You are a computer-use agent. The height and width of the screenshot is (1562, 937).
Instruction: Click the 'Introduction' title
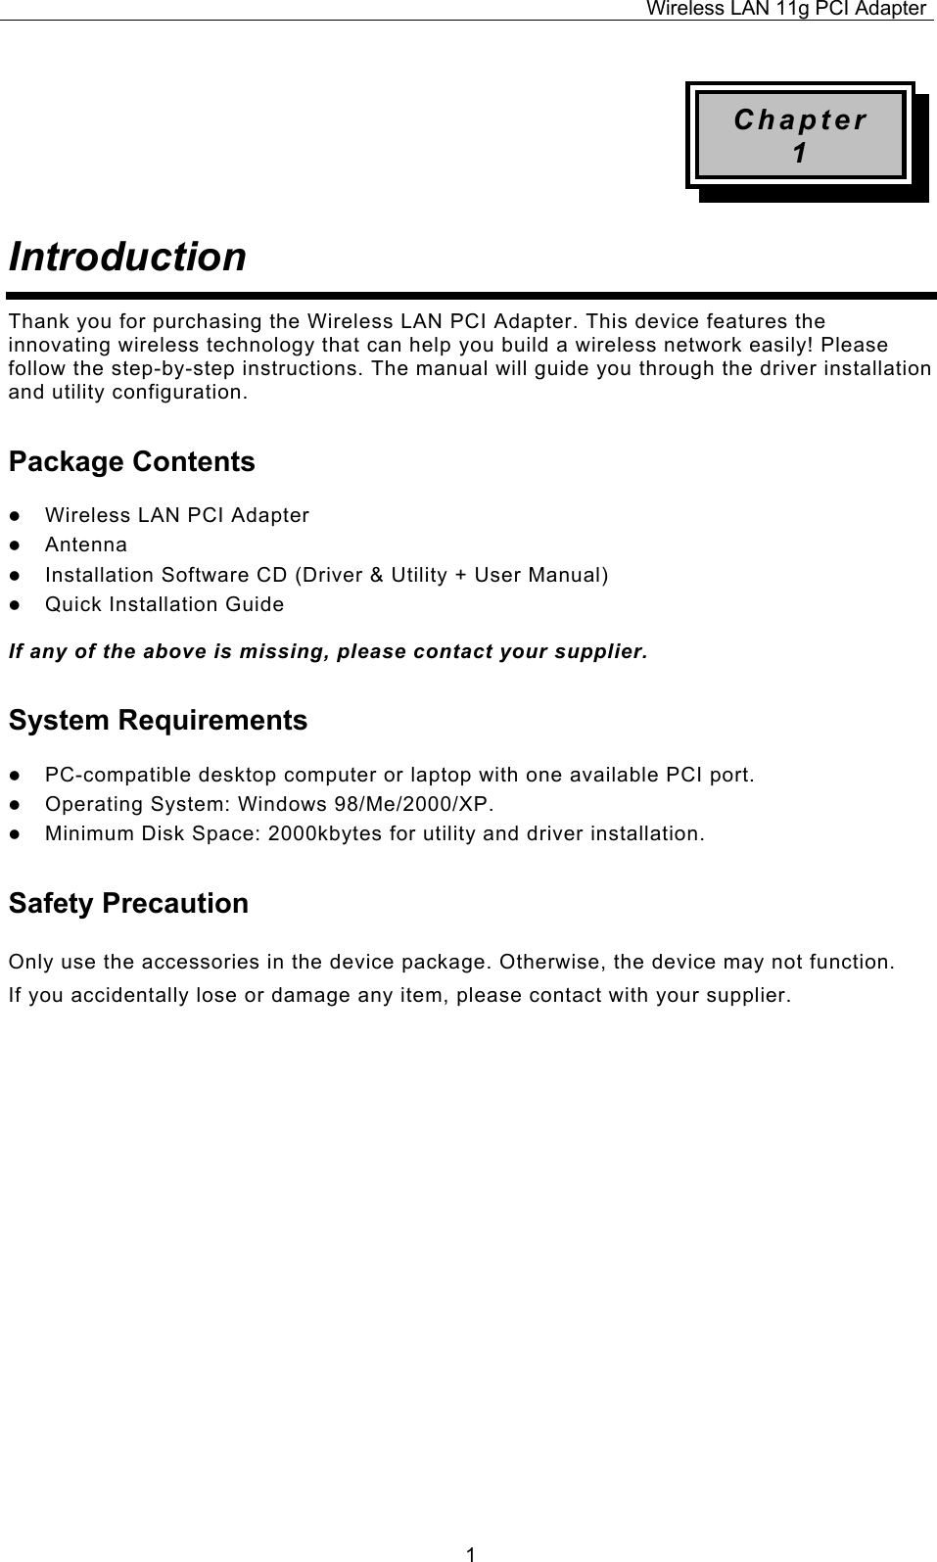(127, 257)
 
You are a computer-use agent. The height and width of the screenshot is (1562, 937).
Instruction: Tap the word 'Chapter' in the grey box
(800, 120)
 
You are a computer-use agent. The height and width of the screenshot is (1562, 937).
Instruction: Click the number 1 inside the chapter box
(800, 154)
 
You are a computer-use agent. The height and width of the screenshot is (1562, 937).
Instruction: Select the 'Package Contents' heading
(131, 461)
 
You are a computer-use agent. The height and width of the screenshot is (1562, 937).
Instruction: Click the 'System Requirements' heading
(158, 720)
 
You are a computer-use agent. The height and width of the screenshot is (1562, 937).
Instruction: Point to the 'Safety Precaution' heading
(128, 902)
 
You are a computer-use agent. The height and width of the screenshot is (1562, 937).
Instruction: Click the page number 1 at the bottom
(471, 1552)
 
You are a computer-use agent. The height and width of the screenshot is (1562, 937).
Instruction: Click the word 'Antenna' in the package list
(86, 544)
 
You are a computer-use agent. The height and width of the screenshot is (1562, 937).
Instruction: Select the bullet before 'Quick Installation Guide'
(16, 605)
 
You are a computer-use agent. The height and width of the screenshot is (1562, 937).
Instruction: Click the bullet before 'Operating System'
(16, 805)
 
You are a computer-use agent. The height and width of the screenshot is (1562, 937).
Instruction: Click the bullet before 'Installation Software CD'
(16, 575)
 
